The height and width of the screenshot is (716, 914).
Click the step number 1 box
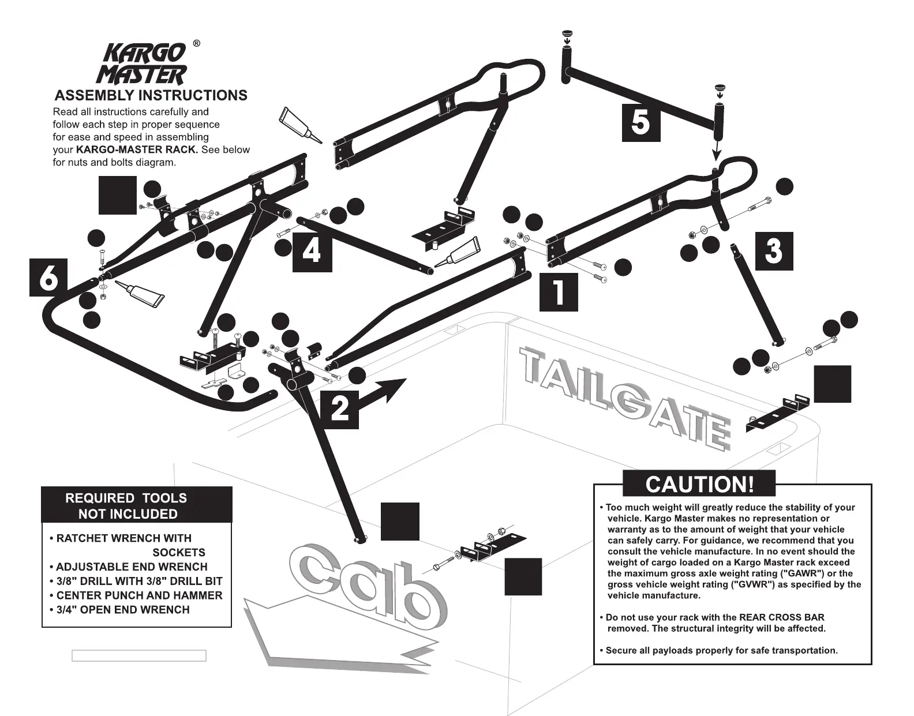click(559, 292)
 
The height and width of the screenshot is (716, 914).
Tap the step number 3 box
click(774, 251)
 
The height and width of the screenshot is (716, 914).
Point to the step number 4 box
click(312, 252)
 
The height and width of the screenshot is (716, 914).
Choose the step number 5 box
click(640, 122)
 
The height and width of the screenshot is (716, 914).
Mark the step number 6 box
click(48, 278)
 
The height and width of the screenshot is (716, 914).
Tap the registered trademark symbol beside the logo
click(196, 44)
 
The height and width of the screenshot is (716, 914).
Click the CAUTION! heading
click(699, 483)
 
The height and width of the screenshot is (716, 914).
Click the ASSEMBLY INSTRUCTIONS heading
click(151, 95)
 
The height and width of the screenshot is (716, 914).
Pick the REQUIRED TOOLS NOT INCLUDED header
click(126, 505)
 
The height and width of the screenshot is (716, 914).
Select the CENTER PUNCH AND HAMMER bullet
click(138, 595)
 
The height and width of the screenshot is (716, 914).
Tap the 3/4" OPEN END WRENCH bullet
click(122, 609)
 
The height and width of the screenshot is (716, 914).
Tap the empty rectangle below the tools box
click(138, 655)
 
